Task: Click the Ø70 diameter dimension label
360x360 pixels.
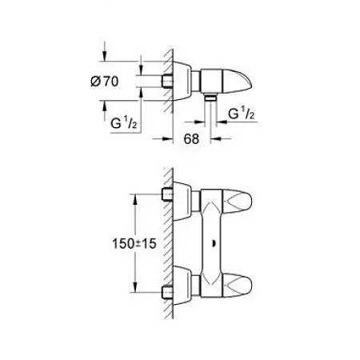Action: click(x=104, y=82)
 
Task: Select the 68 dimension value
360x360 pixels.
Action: click(x=191, y=138)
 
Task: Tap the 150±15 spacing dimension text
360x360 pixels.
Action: click(x=134, y=243)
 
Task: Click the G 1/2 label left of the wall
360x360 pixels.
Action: click(x=124, y=123)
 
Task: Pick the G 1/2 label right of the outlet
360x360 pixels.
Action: click(x=242, y=114)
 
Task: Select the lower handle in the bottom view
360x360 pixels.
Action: click(x=237, y=284)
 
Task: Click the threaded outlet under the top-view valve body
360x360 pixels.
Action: click(x=210, y=98)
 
